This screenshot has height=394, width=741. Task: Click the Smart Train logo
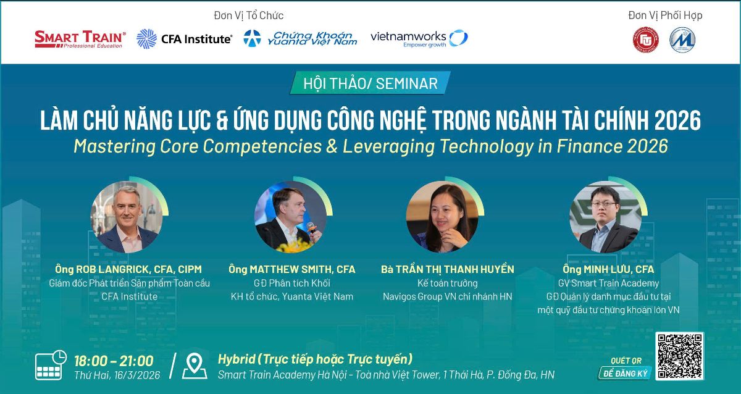(x=80, y=39)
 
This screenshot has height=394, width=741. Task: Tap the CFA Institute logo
(x=184, y=39)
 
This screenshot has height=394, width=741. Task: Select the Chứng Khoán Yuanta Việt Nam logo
(x=300, y=38)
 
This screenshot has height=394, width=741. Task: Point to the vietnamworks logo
(x=419, y=38)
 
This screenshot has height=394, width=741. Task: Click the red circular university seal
(x=645, y=40)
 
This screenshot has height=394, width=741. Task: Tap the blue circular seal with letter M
(x=682, y=40)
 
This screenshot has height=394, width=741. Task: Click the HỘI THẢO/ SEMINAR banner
(x=371, y=83)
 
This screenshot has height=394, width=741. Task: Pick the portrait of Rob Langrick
(x=127, y=217)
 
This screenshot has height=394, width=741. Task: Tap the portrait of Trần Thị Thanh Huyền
(x=442, y=217)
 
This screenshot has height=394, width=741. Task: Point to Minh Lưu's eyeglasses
(x=604, y=204)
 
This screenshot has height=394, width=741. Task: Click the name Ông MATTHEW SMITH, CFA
(x=291, y=269)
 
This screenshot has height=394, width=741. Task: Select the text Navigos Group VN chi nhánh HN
(x=447, y=296)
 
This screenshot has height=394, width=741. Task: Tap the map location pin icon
(x=195, y=366)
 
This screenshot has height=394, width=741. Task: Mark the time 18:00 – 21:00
(x=114, y=361)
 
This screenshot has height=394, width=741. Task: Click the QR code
(x=680, y=356)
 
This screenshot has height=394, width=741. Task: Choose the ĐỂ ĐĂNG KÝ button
(x=625, y=374)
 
